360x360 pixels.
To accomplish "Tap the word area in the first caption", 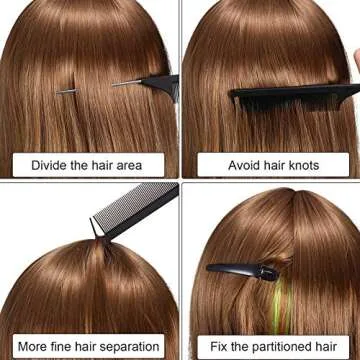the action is (129, 166).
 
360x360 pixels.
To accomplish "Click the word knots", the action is (304, 165).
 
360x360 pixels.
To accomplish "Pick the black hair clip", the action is (243, 271).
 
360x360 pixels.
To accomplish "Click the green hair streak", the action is (279, 307).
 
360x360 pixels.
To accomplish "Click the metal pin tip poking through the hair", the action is (67, 91).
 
